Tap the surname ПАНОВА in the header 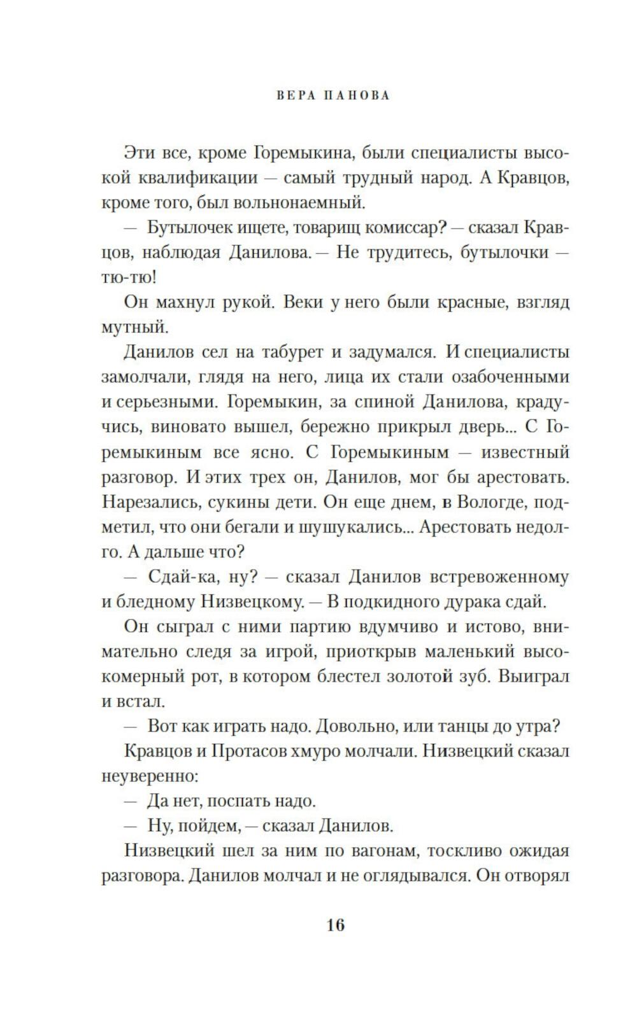pos(357,96)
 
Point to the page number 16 pos(335,925)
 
